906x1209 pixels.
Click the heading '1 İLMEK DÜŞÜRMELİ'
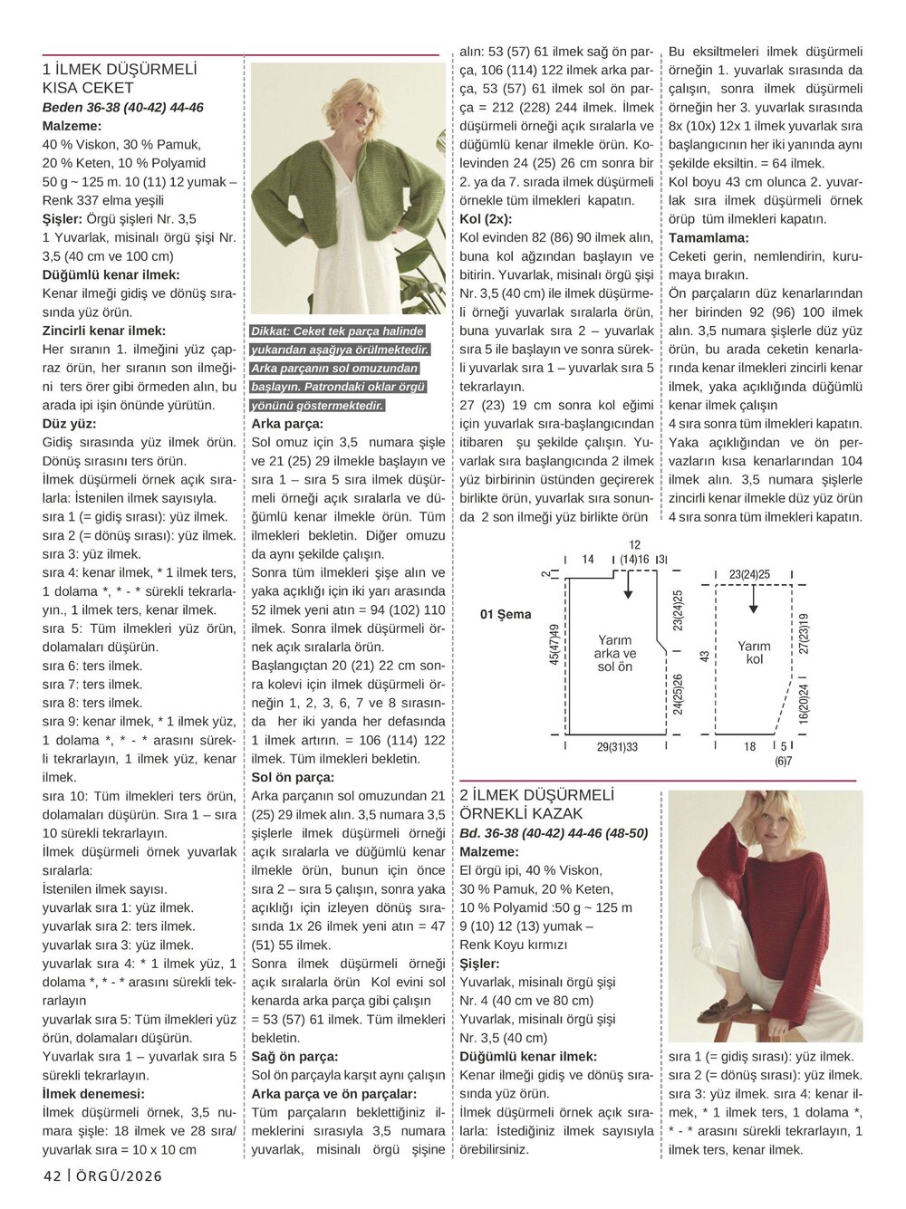120,70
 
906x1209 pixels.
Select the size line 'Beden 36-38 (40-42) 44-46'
123,108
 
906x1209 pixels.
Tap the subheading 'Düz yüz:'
69,424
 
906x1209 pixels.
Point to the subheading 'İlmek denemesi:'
93,1094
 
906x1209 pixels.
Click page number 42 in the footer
52,1176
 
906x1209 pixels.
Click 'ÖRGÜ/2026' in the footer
119,1176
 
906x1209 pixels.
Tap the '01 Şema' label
506,615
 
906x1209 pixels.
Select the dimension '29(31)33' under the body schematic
617,747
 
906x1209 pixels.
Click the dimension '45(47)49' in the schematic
554,645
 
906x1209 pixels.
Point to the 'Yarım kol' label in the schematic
754,652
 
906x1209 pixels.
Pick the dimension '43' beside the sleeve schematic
705,655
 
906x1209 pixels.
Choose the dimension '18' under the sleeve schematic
750,747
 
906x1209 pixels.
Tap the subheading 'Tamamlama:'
708,238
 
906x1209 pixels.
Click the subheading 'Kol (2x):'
486,219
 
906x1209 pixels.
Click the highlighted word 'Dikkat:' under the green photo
273,331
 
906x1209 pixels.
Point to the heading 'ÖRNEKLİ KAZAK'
521,814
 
